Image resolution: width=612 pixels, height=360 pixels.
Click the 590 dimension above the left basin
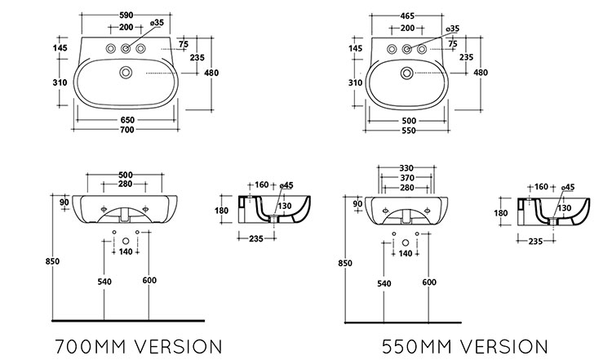pyautogui.click(x=126, y=16)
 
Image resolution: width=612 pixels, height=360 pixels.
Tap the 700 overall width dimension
pyautogui.click(x=126, y=130)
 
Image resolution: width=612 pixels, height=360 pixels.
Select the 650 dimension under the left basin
pyautogui.click(x=127, y=120)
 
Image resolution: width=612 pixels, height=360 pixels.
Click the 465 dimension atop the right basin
pyautogui.click(x=407, y=16)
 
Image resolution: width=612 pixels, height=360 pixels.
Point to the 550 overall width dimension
pyautogui.click(x=408, y=131)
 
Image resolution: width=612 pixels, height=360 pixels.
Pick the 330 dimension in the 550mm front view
pyautogui.click(x=406, y=168)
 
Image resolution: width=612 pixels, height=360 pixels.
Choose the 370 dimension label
pyautogui.click(x=406, y=178)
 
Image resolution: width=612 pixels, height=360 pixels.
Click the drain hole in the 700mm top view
pyautogui.click(x=126, y=72)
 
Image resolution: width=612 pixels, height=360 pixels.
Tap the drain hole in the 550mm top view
pyautogui.click(x=406, y=73)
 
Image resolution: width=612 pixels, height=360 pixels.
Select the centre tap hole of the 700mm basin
pyautogui.click(x=126, y=48)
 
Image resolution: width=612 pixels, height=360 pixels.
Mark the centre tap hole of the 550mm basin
pyautogui.click(x=406, y=49)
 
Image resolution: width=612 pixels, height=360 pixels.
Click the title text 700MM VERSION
pyautogui.click(x=139, y=347)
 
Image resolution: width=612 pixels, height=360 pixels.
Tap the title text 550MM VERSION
pyautogui.click(x=465, y=347)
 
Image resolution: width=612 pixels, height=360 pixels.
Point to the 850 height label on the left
pyautogui.click(x=52, y=261)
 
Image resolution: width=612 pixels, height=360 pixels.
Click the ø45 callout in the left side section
pyautogui.click(x=286, y=185)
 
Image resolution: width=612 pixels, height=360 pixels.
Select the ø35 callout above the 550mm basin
pyautogui.click(x=453, y=29)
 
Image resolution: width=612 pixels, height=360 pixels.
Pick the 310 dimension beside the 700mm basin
pyautogui.click(x=60, y=82)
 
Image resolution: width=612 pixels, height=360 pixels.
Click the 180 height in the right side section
pyautogui.click(x=501, y=213)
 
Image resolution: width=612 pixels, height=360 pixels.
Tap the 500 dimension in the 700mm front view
pyautogui.click(x=126, y=175)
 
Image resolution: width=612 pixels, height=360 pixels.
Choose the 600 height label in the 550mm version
pyautogui.click(x=429, y=282)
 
